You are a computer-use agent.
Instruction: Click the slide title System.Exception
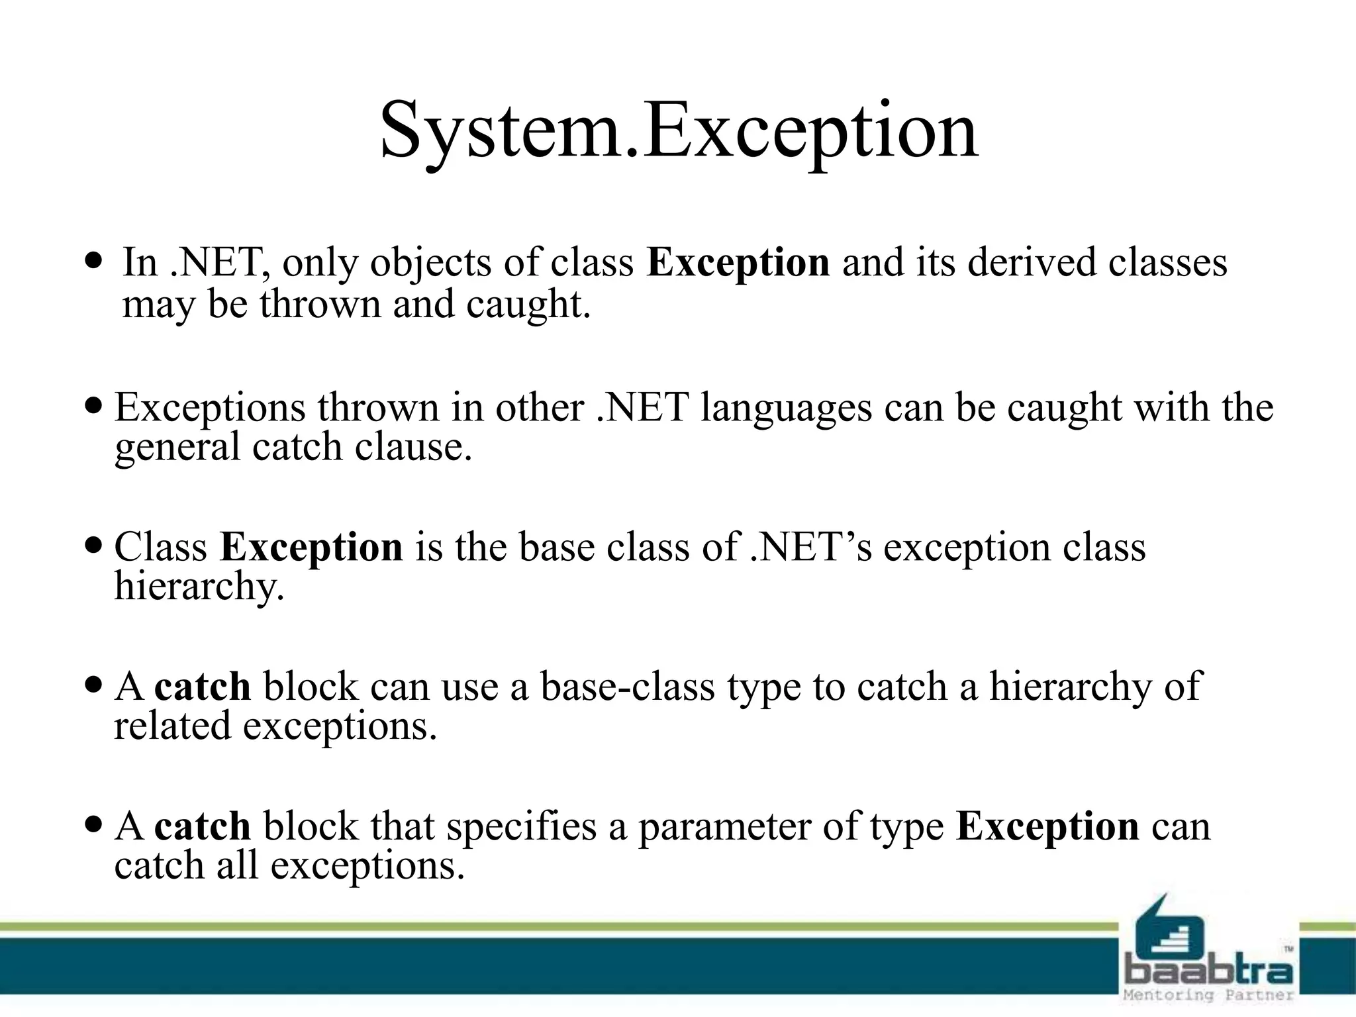click(x=678, y=130)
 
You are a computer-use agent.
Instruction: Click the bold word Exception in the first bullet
click(x=738, y=263)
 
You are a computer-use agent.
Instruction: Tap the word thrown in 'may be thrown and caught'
click(x=320, y=305)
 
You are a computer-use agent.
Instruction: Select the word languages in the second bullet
click(x=786, y=408)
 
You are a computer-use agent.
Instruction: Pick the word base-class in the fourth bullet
click(x=627, y=687)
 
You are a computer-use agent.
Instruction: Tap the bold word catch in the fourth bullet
click(x=203, y=687)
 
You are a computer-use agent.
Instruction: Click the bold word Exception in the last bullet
click(x=1047, y=826)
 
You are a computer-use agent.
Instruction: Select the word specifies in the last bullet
click(x=522, y=828)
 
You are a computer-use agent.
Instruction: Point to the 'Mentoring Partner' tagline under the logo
click(x=1208, y=995)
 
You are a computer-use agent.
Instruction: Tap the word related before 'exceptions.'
click(x=172, y=726)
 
